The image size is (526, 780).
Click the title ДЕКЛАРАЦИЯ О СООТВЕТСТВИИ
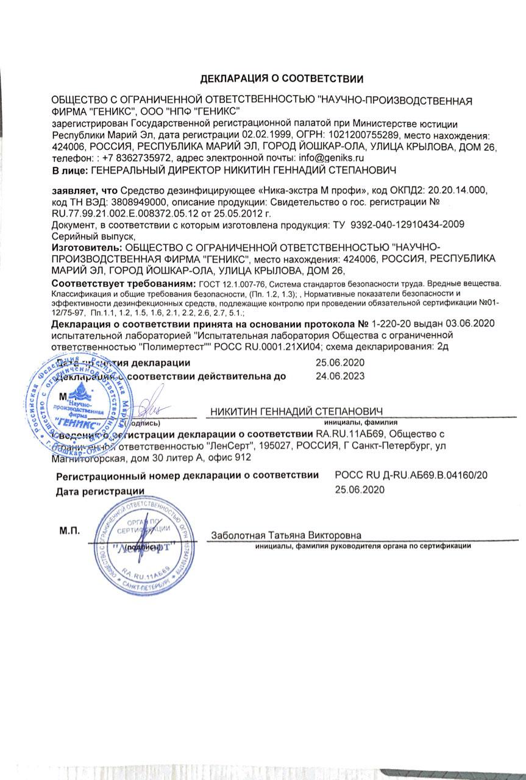[282, 78]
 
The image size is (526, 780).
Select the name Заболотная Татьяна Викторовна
[286, 535]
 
